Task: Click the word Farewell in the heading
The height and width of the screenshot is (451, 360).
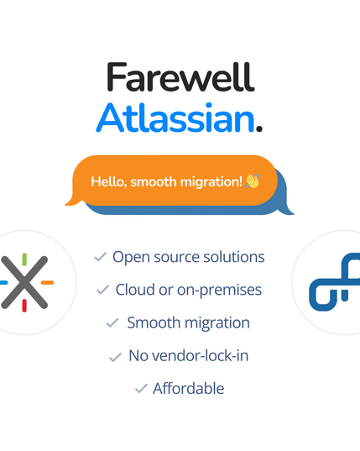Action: point(180,78)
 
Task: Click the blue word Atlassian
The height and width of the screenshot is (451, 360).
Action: point(175,118)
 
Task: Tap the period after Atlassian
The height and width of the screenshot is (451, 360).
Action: point(259,128)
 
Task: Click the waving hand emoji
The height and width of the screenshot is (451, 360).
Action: point(252,181)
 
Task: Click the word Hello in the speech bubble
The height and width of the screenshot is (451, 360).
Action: point(108,181)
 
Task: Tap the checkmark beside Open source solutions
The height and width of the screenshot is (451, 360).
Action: point(100,256)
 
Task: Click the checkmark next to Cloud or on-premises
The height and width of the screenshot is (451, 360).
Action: point(102,290)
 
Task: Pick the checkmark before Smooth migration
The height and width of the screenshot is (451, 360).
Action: point(112,323)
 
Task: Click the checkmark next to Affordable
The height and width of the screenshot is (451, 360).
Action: point(140,389)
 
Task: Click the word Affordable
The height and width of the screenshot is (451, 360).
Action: point(188,389)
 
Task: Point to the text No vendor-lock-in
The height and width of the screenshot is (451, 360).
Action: point(188,356)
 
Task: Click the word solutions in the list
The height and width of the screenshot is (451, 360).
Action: point(232,256)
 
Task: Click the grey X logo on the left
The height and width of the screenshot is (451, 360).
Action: point(24,282)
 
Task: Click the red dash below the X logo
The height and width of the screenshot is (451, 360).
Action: point(24,306)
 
